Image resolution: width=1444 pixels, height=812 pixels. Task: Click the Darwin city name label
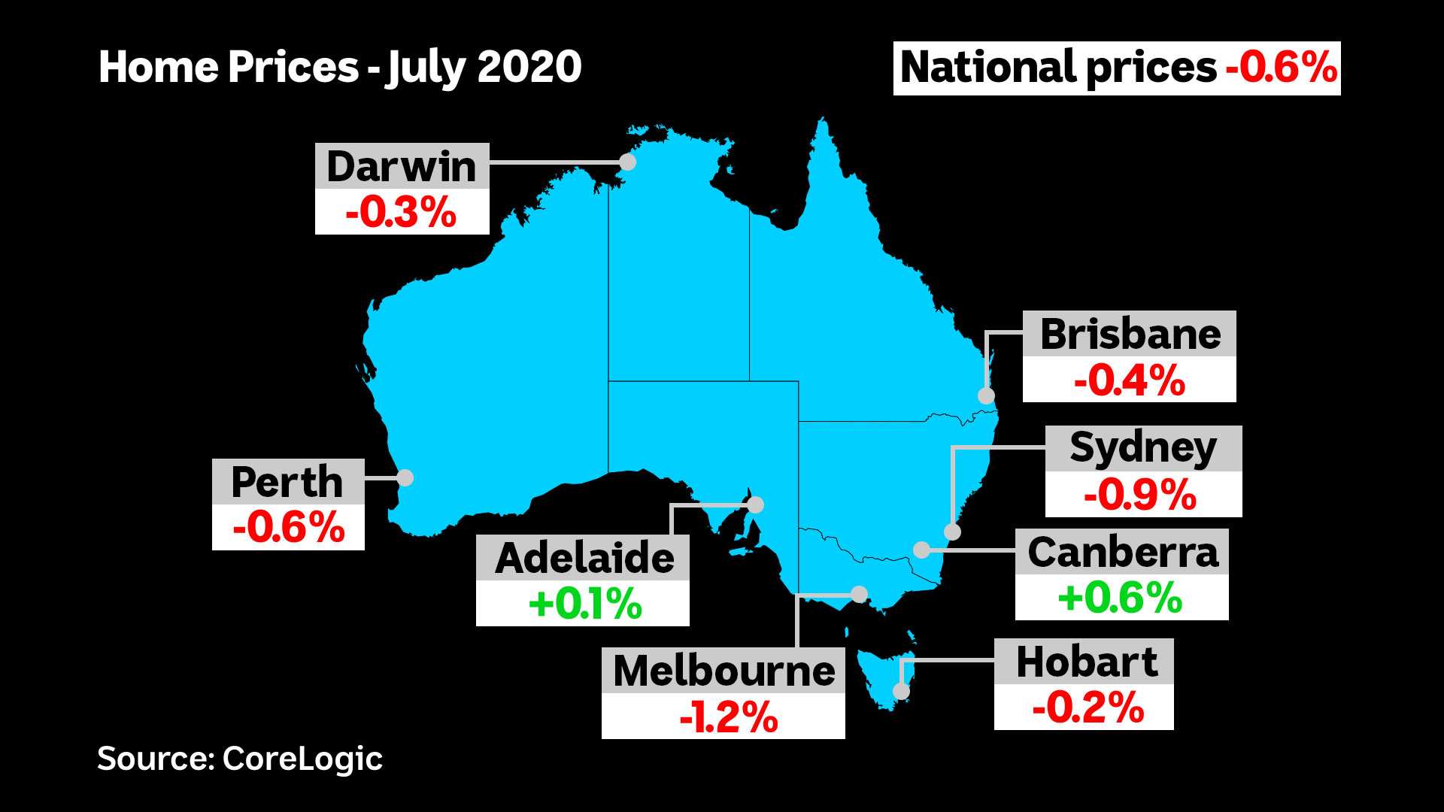[402, 166]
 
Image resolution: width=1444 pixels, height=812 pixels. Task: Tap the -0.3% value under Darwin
[402, 213]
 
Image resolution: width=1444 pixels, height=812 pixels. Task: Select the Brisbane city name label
[1130, 335]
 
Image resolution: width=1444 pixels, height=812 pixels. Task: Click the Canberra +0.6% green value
[1121, 598]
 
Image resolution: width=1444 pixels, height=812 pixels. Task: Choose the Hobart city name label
[1086, 662]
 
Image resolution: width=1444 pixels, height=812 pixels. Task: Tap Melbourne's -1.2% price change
[728, 717]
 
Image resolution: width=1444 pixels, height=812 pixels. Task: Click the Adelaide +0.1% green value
[585, 604]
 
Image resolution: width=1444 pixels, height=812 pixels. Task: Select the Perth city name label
[287, 482]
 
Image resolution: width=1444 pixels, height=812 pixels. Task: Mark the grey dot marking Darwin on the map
[626, 162]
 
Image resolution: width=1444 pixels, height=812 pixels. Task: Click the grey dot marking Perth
[405, 477]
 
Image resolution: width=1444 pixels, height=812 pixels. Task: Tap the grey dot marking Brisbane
[986, 395]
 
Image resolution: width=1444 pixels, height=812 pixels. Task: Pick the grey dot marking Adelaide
[755, 504]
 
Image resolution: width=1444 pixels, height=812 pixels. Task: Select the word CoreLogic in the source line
[302, 759]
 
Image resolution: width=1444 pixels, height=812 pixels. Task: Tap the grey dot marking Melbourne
[859, 595]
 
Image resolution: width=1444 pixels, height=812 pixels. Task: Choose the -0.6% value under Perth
[288, 528]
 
